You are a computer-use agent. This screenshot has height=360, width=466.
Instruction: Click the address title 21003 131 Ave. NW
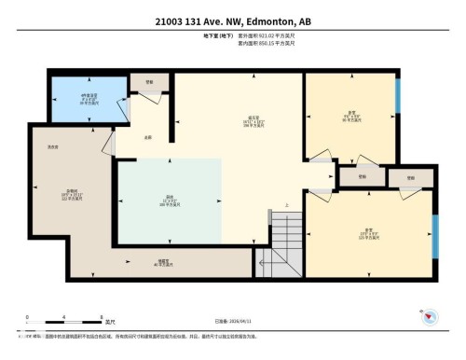(x=232, y=21)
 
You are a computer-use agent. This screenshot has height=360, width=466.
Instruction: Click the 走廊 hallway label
(x=147, y=138)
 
